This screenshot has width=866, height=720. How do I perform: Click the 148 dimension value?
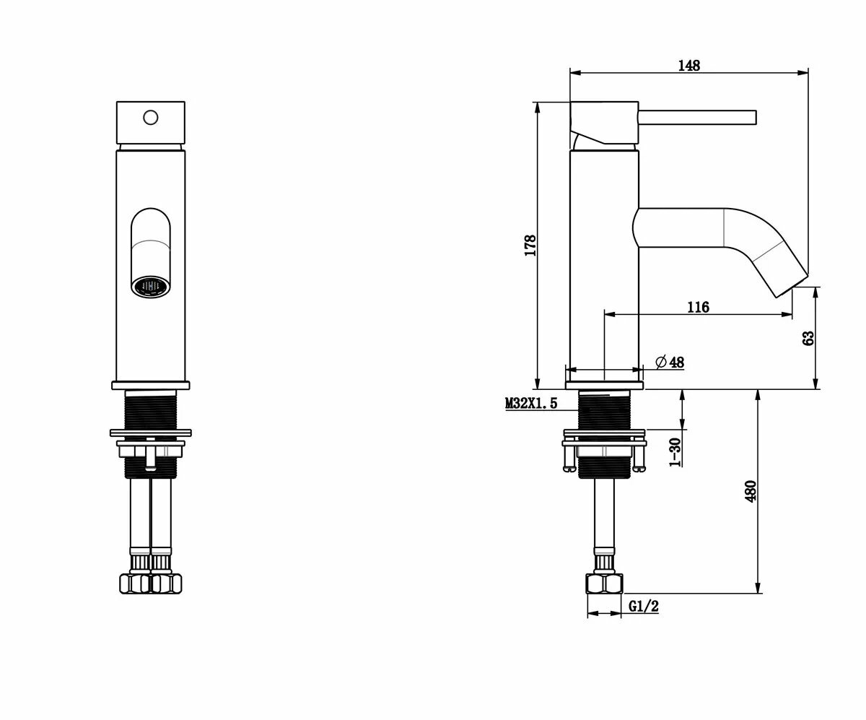(x=688, y=66)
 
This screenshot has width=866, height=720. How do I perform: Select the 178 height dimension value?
(x=530, y=246)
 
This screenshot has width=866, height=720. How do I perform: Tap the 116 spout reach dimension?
(x=697, y=308)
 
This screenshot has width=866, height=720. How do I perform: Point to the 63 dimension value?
(x=808, y=337)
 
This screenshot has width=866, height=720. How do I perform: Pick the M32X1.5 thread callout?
(x=531, y=404)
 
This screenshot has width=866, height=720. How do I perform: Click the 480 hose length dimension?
(x=750, y=491)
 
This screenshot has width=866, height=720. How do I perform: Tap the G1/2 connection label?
(x=643, y=607)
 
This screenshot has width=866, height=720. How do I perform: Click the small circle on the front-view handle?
(x=151, y=116)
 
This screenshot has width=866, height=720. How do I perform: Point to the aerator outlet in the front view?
(x=151, y=286)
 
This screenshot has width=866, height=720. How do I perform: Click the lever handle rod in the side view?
(x=697, y=117)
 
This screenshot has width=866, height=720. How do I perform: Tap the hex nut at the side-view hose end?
(x=605, y=584)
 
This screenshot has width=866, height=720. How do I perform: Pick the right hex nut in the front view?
(x=167, y=583)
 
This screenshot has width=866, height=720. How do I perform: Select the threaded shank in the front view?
(x=151, y=410)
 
